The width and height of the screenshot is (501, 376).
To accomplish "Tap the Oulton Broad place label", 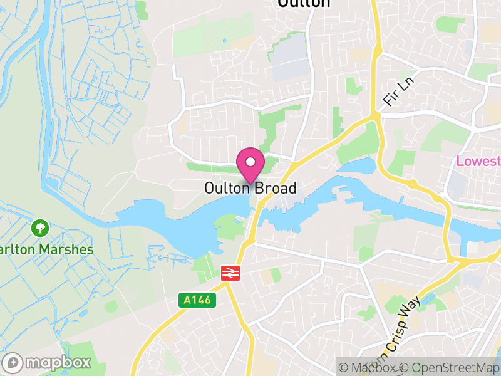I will (250, 188).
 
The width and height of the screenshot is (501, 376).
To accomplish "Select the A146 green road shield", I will (199, 301).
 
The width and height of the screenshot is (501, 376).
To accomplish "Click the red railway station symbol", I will (231, 273).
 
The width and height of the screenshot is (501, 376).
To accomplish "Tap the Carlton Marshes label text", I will (46, 249).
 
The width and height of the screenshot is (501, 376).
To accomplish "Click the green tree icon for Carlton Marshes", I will (40, 227).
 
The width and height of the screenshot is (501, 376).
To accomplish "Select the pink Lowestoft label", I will (478, 161).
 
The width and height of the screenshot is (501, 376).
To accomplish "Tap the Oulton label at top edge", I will (304, 3).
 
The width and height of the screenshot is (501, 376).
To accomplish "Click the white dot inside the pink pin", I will (250, 162).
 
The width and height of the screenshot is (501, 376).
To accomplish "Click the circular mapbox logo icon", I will (13, 362).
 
